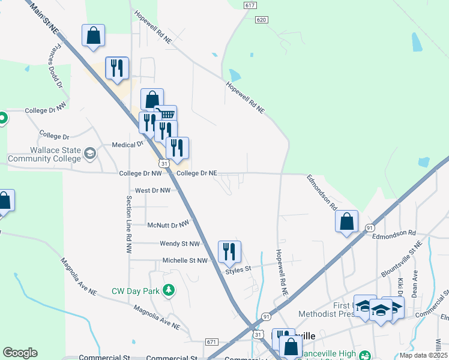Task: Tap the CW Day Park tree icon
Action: pyautogui.click(x=170, y=291)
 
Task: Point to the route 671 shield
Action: pyautogui.click(x=211, y=341)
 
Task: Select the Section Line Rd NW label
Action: pyautogui.click(x=128, y=223)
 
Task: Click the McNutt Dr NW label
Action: pyautogui.click(x=168, y=225)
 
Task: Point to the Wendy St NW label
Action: pyautogui.click(x=179, y=244)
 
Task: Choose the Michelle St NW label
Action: pyautogui.click(x=185, y=261)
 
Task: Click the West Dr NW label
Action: pyautogui.click(x=152, y=190)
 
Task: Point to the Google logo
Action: pyautogui.click(x=20, y=353)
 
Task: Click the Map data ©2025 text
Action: pyautogui.click(x=423, y=355)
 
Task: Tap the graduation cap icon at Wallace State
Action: pyautogui.click(x=90, y=154)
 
